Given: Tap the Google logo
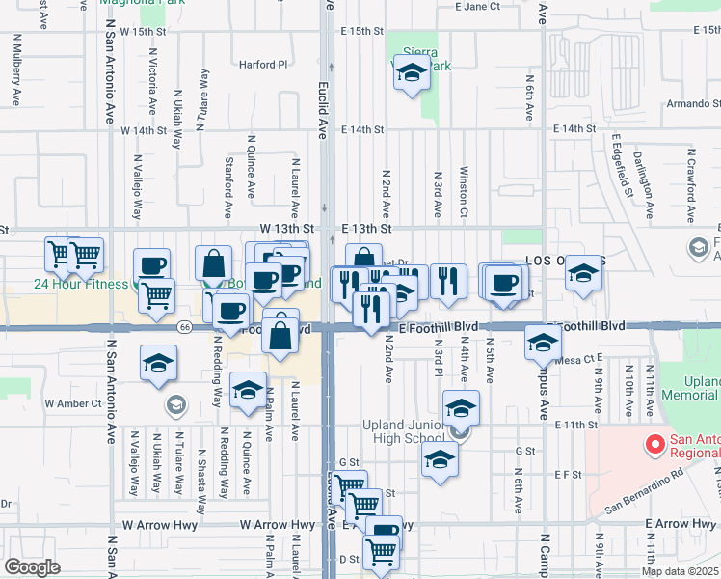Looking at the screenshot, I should (32, 567).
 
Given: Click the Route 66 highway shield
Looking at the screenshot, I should (182, 327).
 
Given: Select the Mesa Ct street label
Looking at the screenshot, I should (578, 359).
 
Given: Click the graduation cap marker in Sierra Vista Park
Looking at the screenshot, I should (412, 73).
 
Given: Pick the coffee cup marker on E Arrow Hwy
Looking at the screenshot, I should (383, 530).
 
